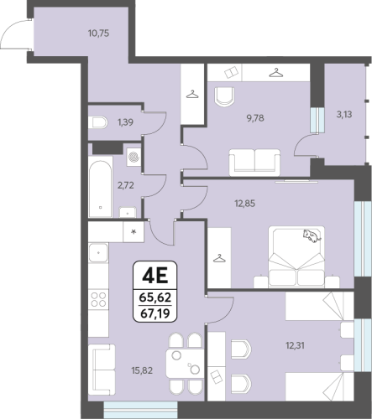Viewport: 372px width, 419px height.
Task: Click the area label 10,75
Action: pos(98,34)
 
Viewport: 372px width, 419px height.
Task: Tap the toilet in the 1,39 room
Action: pos(97,122)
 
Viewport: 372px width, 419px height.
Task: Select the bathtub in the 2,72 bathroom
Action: pos(100,189)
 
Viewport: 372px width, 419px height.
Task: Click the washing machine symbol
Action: pos(134,157)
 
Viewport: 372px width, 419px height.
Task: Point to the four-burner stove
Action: pos(98,299)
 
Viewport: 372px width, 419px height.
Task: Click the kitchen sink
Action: pos(98,253)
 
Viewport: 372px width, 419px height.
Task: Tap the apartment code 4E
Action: pos(155,276)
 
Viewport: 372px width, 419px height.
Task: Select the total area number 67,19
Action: pos(155,313)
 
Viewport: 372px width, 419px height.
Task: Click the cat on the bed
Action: pos(312,235)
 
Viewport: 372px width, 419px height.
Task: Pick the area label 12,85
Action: pos(245,204)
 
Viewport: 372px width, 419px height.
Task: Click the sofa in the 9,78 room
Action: pos(254,163)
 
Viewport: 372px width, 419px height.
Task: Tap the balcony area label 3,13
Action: pos(344,114)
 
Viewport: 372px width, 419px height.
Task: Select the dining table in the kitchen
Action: pos(185,364)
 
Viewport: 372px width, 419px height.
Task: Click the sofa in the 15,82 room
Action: pos(102,370)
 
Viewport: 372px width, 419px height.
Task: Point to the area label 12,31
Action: pos(295,346)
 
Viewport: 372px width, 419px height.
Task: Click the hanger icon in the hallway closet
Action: pos(192,95)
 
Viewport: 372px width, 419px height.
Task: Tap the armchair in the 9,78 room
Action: pos(224,96)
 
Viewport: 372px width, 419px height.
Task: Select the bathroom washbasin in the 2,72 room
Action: pos(128,212)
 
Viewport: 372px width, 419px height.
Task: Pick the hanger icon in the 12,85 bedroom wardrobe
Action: pos(219,258)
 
